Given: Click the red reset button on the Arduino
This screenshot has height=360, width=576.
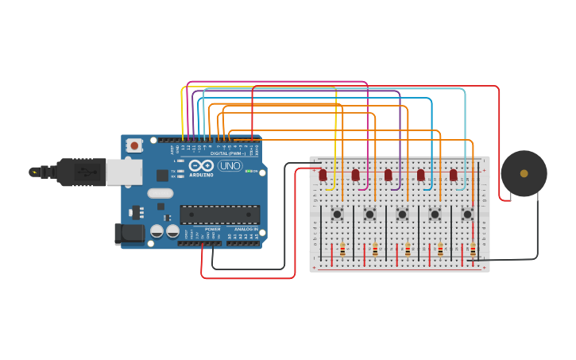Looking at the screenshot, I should click(x=134, y=145).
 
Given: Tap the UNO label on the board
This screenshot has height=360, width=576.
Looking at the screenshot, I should click(x=230, y=166).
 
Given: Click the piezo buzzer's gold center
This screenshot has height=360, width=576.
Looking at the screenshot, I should click(x=524, y=173).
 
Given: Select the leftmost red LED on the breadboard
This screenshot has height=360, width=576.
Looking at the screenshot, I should click(x=323, y=175).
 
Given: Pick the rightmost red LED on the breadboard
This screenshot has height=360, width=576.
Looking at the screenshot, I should click(x=453, y=175).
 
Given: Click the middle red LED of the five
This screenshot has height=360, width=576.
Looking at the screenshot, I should click(x=388, y=175).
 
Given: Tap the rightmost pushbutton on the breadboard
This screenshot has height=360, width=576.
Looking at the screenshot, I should click(x=467, y=214).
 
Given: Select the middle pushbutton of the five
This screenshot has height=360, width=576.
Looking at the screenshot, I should click(x=402, y=214).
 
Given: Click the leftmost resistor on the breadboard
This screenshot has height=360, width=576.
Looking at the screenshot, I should click(x=342, y=250).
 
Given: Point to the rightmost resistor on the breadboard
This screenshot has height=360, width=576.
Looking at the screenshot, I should click(x=473, y=250).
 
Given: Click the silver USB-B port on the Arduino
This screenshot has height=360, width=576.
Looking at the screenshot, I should click(x=124, y=172).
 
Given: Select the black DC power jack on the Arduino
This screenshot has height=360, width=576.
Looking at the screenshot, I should click(x=129, y=234).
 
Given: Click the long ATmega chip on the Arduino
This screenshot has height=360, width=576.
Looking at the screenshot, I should click(x=219, y=215).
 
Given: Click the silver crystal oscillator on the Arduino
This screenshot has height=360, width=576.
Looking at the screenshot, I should click(x=160, y=193).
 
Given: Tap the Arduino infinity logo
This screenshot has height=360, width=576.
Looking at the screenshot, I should click(x=201, y=166).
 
